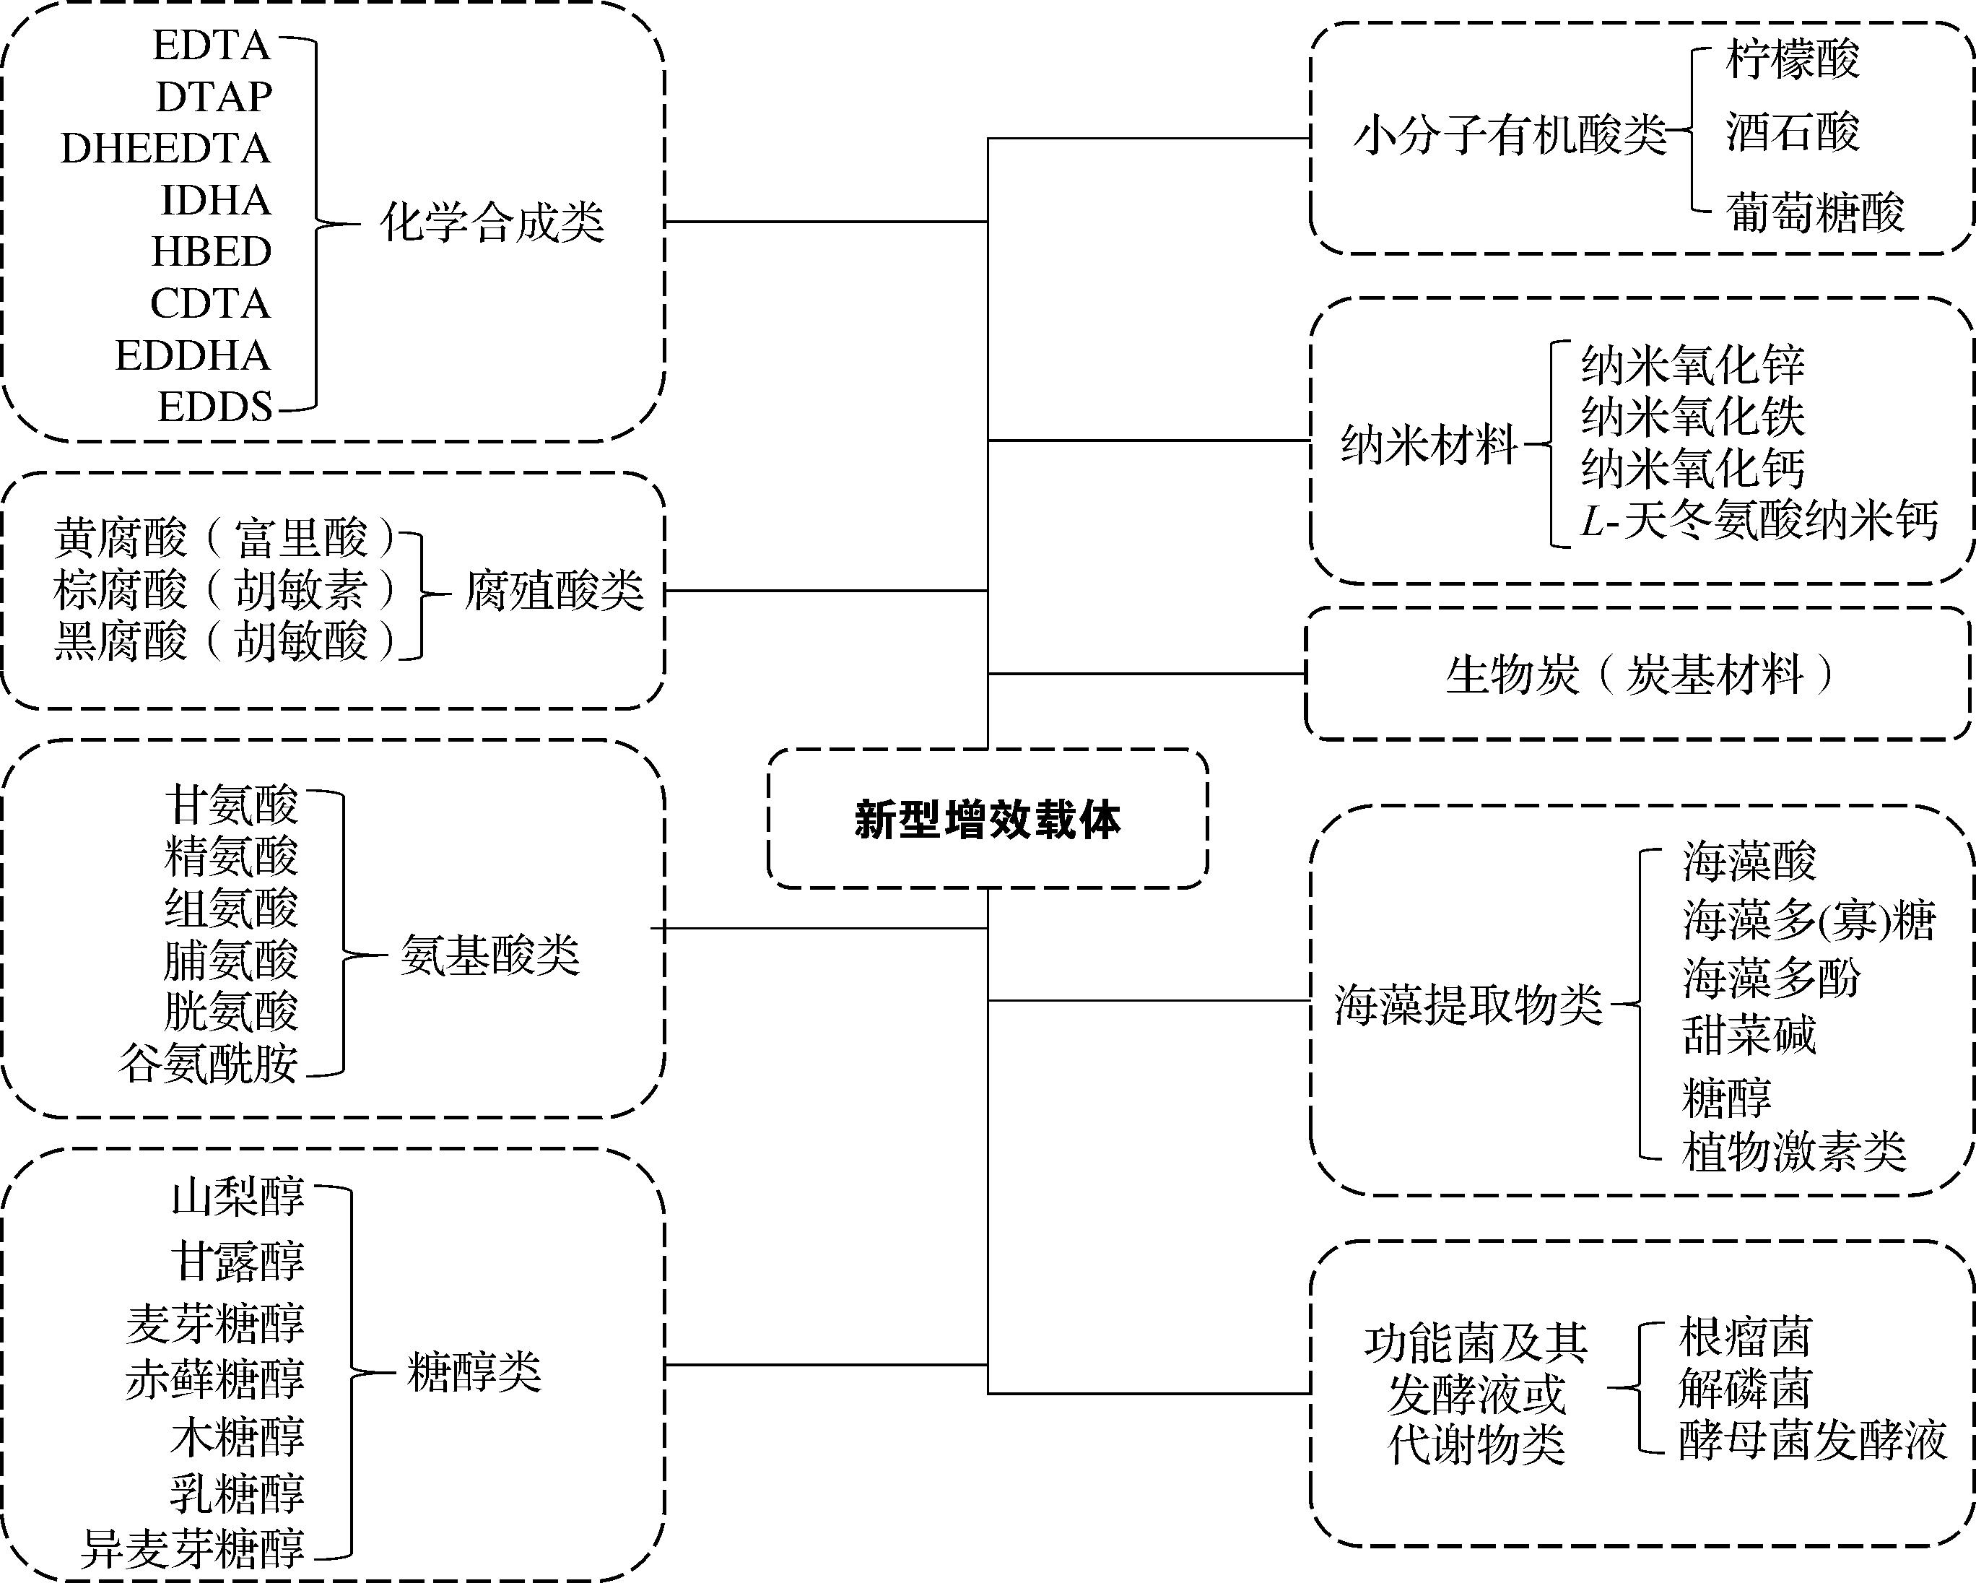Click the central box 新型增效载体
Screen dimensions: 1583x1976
click(x=987, y=818)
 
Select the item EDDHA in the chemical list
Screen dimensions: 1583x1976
click(x=193, y=355)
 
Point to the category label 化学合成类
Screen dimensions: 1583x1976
click(x=492, y=222)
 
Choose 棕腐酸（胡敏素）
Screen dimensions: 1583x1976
click(x=225, y=590)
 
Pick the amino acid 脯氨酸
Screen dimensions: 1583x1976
click(x=231, y=960)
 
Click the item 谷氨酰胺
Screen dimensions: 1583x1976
click(x=208, y=1063)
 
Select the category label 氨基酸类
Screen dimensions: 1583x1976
click(x=490, y=956)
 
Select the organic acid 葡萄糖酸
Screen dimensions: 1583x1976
click(x=1815, y=212)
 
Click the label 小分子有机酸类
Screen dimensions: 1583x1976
click(x=1510, y=136)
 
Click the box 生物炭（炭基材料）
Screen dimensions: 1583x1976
click(x=1639, y=675)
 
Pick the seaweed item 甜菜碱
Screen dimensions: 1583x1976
click(x=1749, y=1036)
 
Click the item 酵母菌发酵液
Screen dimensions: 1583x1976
click(x=1812, y=1440)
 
